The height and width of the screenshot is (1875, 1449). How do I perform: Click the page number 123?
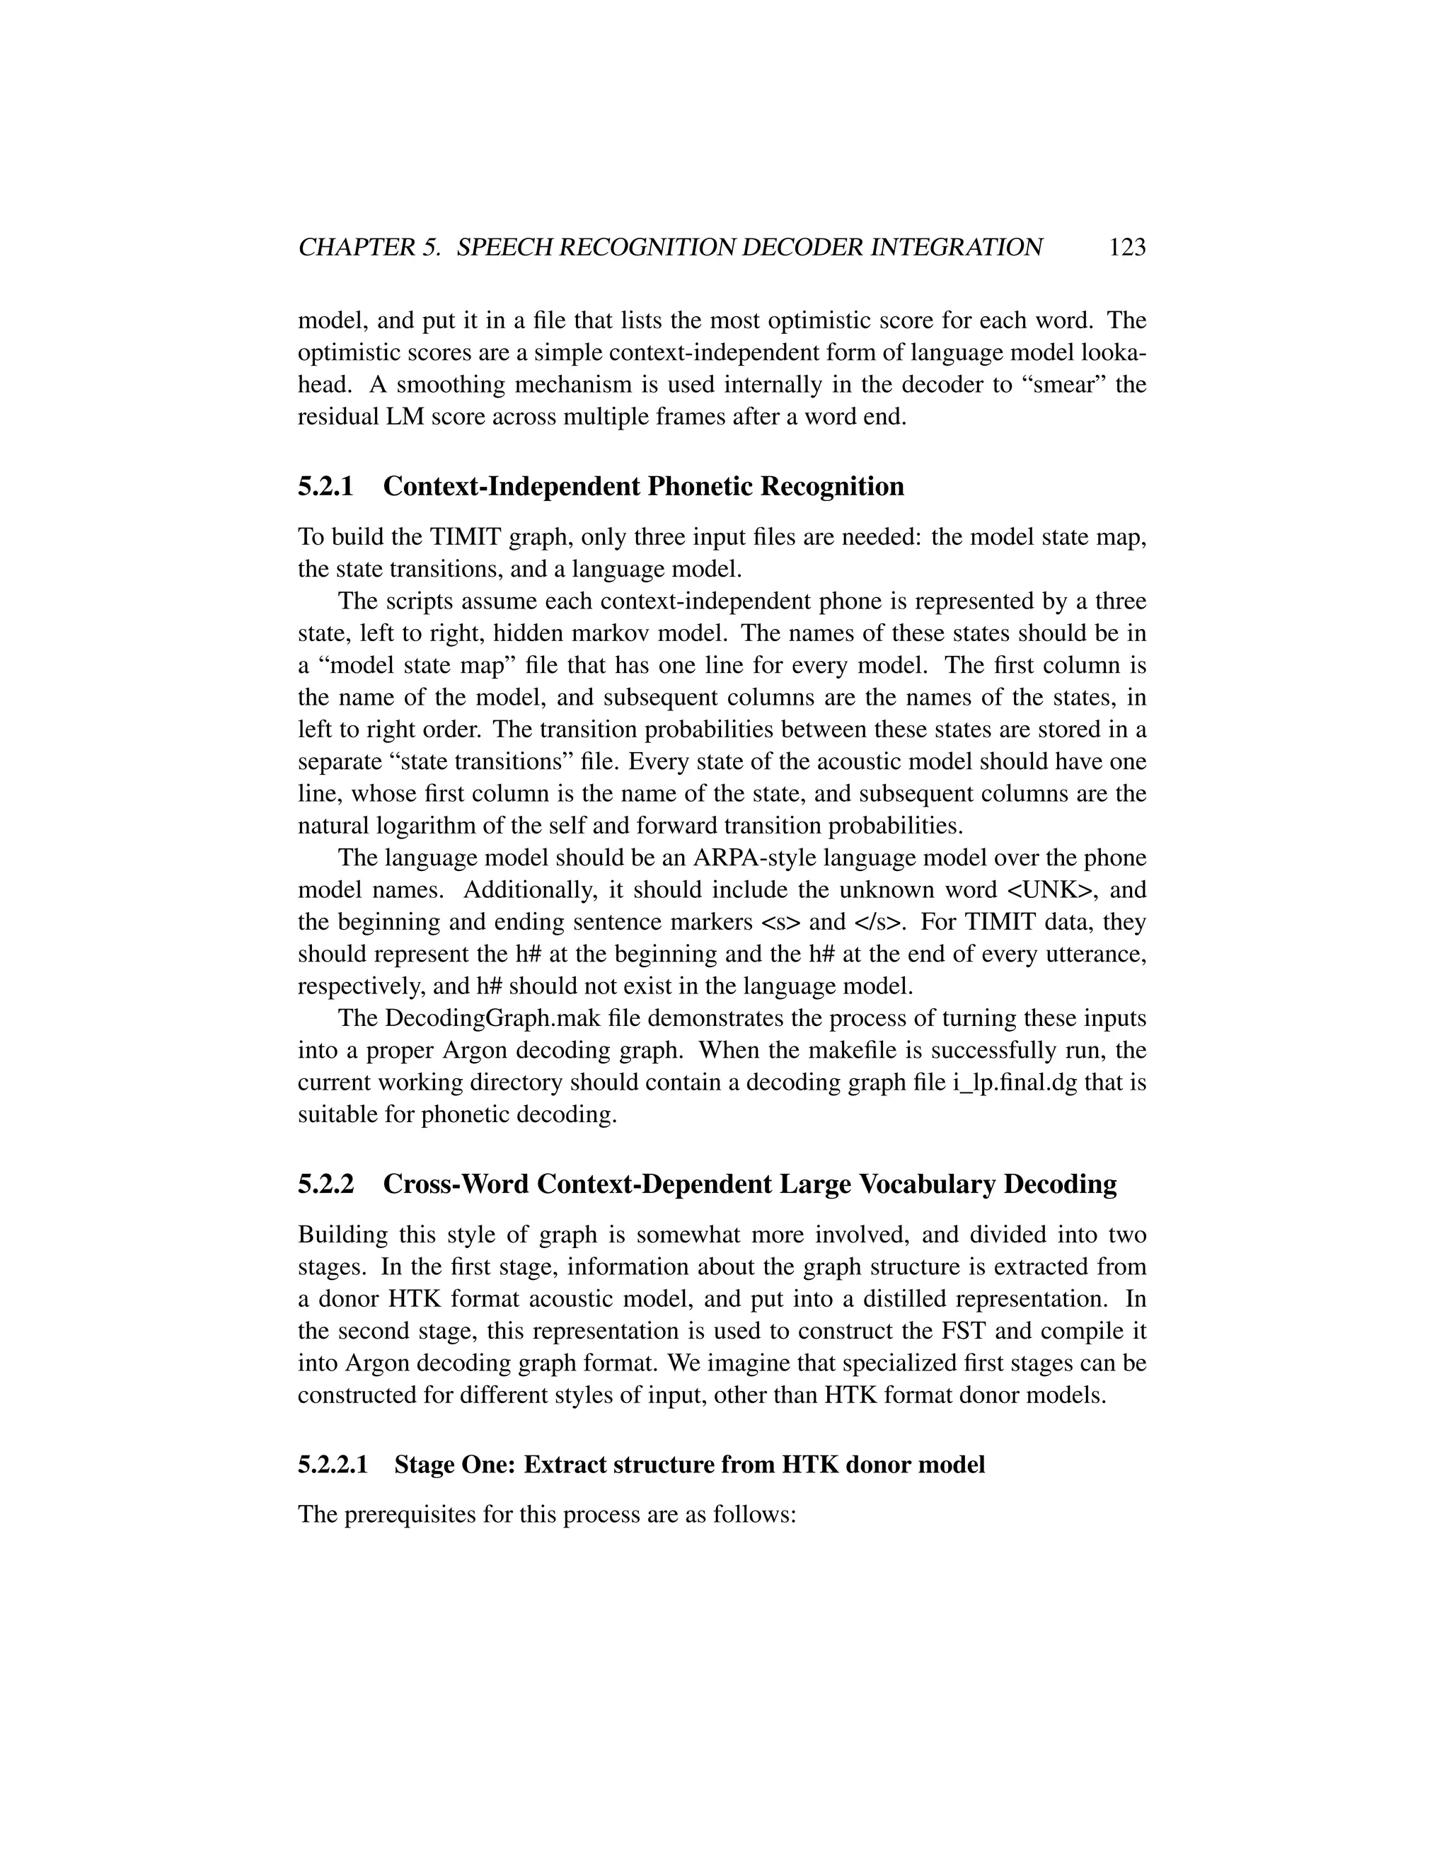(1127, 248)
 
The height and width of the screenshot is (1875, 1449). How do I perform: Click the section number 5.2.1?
(325, 487)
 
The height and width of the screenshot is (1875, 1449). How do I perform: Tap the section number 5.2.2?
(325, 1184)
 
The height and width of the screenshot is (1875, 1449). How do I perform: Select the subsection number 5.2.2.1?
(333, 1465)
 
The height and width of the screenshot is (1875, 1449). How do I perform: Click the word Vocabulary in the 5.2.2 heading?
(927, 1184)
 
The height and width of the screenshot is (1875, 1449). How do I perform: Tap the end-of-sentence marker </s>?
(879, 922)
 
